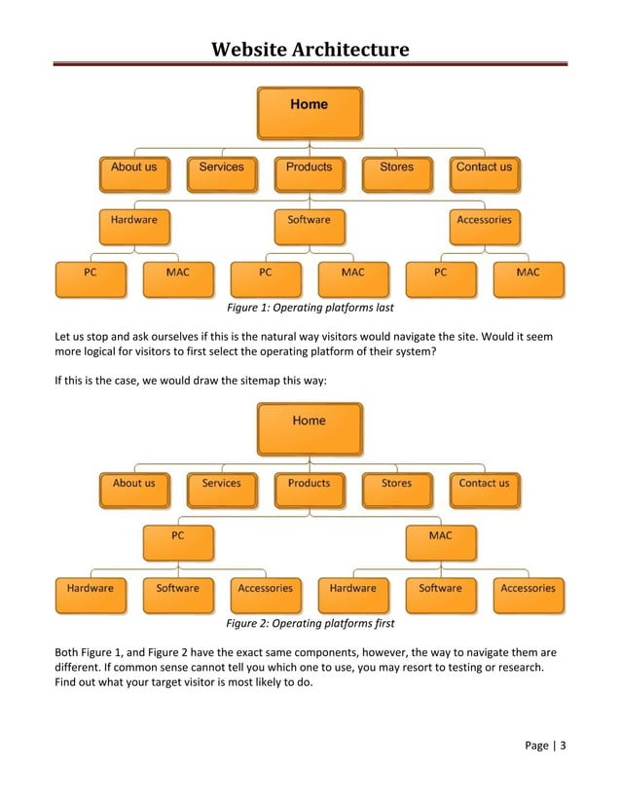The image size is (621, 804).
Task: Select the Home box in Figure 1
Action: click(310, 113)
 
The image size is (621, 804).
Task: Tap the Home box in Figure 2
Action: click(310, 429)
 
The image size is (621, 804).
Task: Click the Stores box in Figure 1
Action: click(396, 172)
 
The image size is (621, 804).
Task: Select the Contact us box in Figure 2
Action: click(484, 489)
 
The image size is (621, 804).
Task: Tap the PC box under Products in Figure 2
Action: click(178, 541)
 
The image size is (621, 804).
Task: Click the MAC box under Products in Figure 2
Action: click(440, 541)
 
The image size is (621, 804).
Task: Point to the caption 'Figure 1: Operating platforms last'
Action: click(310, 309)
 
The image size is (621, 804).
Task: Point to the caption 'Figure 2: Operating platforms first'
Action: click(310, 623)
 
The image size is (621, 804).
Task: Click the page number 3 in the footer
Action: click(563, 747)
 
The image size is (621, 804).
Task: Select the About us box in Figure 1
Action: click(133, 172)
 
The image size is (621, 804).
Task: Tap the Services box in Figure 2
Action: click(222, 489)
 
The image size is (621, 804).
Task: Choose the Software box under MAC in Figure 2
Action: click(440, 594)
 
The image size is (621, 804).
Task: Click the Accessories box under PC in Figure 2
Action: click(265, 594)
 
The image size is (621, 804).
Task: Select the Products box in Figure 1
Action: click(310, 172)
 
